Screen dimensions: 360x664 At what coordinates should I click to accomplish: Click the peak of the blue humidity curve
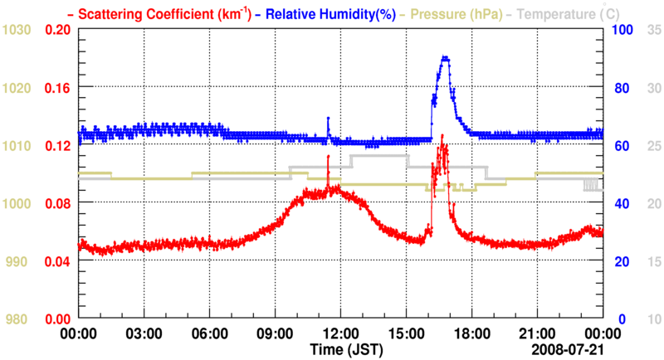(446, 57)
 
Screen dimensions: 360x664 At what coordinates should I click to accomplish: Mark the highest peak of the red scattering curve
(442, 135)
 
